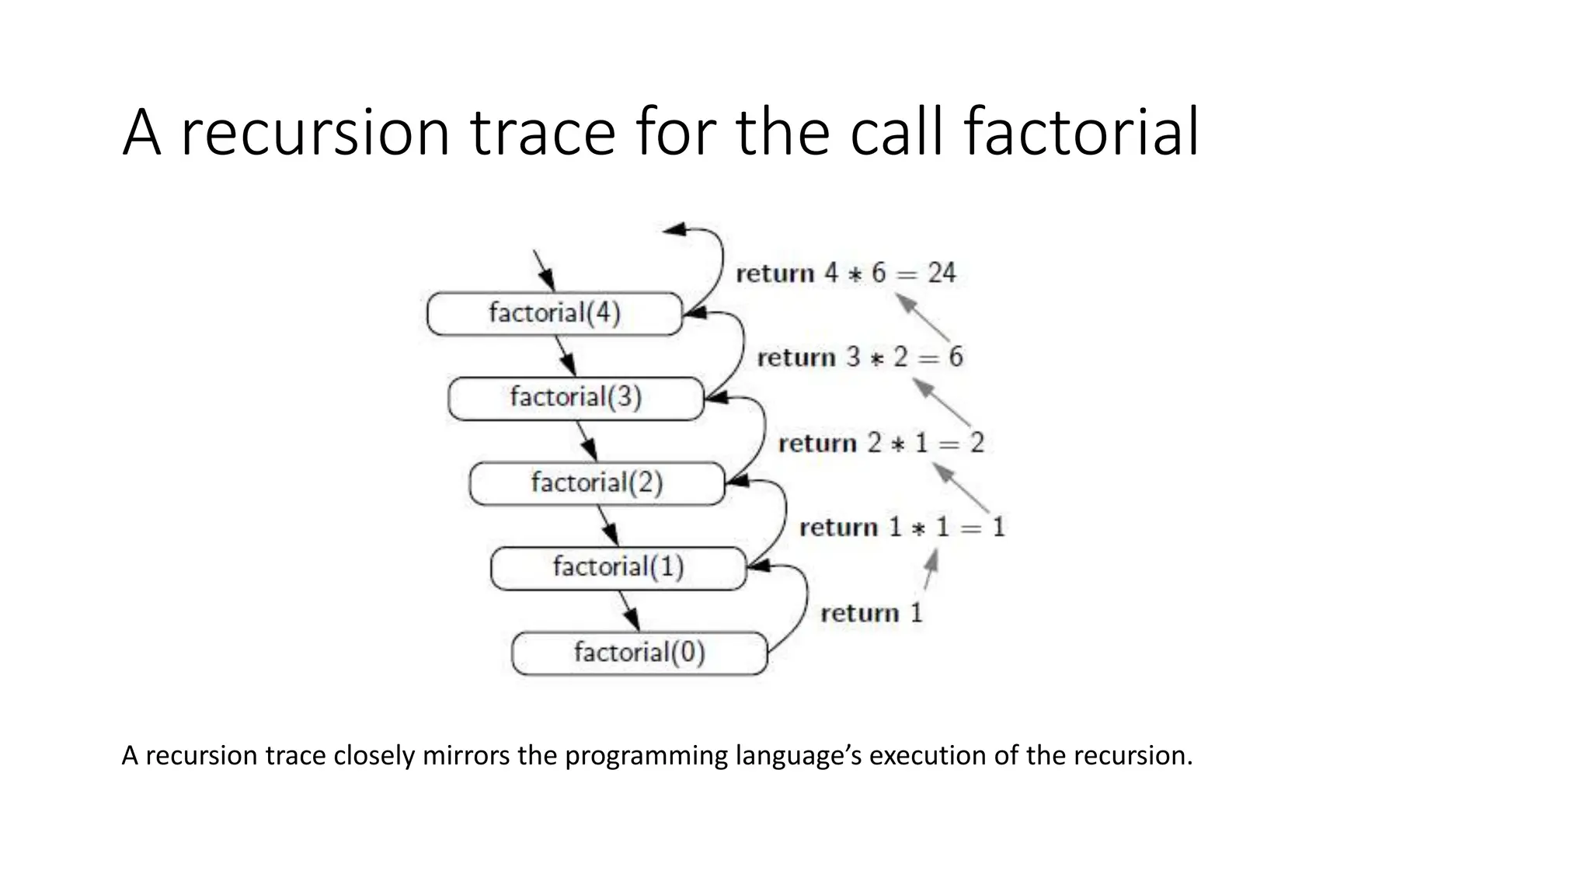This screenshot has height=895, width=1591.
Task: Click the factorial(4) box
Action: tap(555, 314)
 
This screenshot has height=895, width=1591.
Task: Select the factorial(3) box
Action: tap(576, 399)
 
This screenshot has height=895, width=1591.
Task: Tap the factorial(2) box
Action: tap(597, 483)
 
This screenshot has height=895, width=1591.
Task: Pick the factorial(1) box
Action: tap(618, 568)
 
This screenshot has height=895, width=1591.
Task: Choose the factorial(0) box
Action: tap(639, 653)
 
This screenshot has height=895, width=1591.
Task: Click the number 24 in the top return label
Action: tap(942, 273)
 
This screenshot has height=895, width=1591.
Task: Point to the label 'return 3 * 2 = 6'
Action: tap(859, 357)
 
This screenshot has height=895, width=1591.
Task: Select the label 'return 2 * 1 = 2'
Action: tap(880, 443)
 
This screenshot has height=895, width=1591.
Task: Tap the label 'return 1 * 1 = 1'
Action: tap(901, 528)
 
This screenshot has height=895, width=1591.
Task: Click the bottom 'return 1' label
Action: tap(871, 613)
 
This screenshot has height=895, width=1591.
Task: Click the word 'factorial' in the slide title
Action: tap(1081, 132)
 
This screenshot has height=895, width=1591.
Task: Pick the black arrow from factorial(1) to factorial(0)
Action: tap(629, 611)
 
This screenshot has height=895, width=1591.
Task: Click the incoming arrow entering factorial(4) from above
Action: tap(544, 270)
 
